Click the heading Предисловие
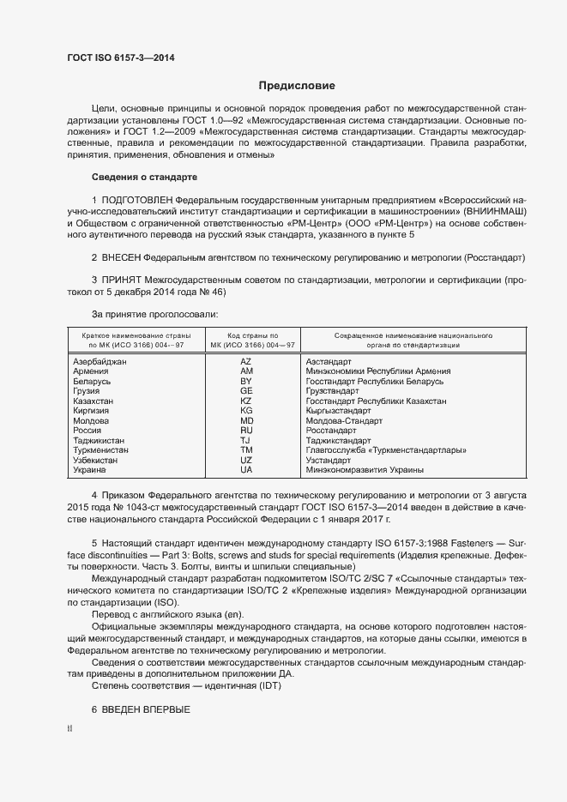[297, 86]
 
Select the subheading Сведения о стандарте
[144, 177]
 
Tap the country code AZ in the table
[246, 362]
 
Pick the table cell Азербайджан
[100, 362]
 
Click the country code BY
[246, 381]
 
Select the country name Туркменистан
[101, 450]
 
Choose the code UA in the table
[246, 470]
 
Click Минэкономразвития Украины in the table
[358, 470]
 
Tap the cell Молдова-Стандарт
[344, 421]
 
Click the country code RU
[246, 431]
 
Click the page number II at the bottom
[69, 729]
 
